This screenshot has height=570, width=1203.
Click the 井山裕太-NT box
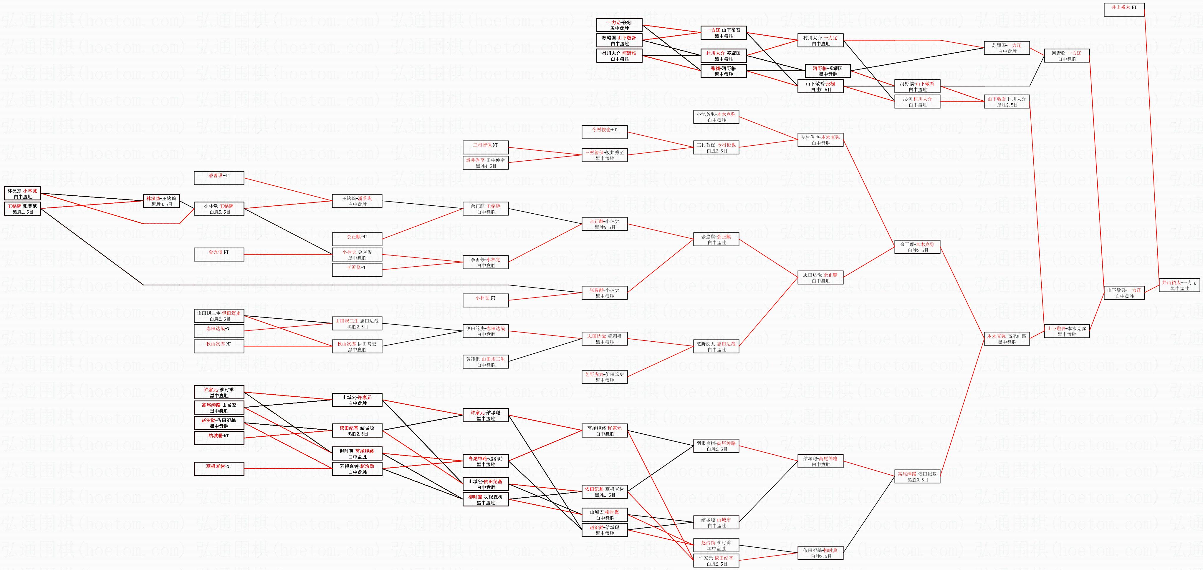(1123, 10)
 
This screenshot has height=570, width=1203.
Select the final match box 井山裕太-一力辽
(1179, 285)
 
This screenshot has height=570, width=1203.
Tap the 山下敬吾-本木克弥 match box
(1067, 331)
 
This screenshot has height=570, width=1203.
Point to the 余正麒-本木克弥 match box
(917, 247)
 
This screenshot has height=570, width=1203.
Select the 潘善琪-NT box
(219, 178)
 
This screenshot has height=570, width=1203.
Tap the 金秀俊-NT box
(219, 255)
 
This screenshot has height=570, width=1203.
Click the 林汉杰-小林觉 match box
(22, 193)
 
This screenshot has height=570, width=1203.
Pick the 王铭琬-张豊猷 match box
(22, 209)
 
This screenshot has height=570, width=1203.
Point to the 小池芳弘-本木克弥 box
(716, 117)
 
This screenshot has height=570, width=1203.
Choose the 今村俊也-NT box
(604, 132)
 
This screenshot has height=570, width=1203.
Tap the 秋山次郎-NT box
(219, 346)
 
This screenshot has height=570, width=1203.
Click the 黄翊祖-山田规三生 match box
(485, 362)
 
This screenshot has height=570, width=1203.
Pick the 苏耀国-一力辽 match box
(1006, 48)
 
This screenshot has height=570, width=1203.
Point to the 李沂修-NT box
(357, 270)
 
